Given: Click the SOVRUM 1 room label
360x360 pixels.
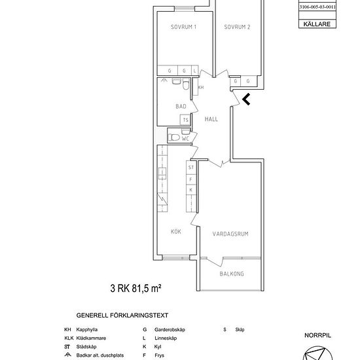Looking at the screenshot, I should (x=184, y=27).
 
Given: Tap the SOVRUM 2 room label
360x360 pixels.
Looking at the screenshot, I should (x=238, y=27).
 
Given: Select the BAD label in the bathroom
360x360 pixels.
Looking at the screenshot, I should (x=182, y=105).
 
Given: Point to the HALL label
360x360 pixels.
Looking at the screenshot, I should (x=211, y=119).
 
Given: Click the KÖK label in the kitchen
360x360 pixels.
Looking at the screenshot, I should (x=176, y=231).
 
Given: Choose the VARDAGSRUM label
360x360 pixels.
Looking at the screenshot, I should (x=232, y=233).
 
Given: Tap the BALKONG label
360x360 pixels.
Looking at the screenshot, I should (x=232, y=274).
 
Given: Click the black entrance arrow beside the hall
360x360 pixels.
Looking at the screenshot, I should (x=246, y=99).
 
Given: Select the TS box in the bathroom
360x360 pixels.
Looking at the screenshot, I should (x=185, y=120).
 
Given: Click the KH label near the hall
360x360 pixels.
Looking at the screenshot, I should (x=201, y=87).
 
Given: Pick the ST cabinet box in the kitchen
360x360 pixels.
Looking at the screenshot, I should (x=191, y=168).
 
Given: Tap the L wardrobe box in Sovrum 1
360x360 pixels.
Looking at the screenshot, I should (x=195, y=70).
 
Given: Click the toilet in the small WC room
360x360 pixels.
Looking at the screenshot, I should (x=173, y=137).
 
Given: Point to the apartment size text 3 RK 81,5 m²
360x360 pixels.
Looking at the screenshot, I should (x=135, y=287).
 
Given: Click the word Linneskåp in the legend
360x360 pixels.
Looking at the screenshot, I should (x=164, y=338).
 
